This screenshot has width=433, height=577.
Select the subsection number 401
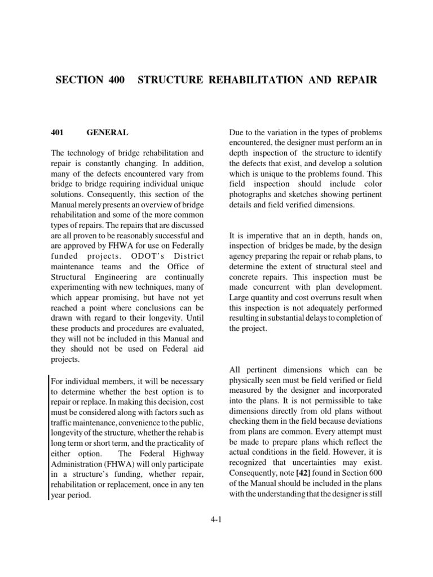pyautogui.click(x=59, y=133)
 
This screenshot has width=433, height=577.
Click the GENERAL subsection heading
pyautogui.click(x=107, y=133)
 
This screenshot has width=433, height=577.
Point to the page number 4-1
pyautogui.click(x=216, y=520)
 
